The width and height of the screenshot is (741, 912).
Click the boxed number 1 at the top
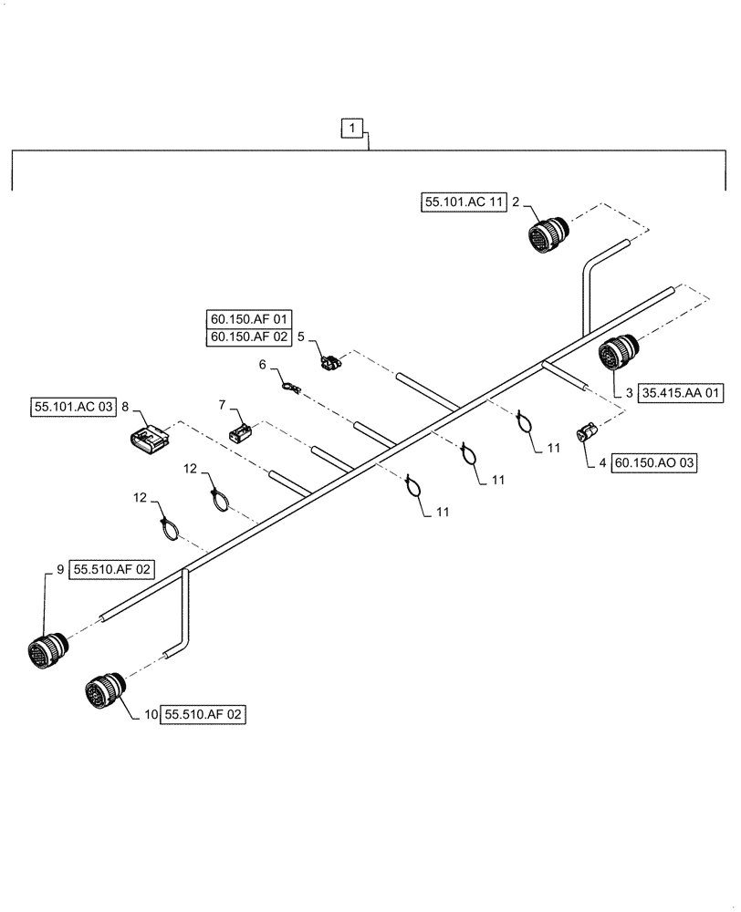point(351,129)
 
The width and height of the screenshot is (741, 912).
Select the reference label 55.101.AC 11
point(464,202)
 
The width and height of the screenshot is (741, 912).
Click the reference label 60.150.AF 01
point(249,320)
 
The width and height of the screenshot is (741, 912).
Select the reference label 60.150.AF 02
point(249,338)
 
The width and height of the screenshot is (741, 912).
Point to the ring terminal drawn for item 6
point(290,389)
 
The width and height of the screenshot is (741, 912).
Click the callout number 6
point(263,365)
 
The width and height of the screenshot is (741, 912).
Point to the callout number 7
point(221,404)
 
